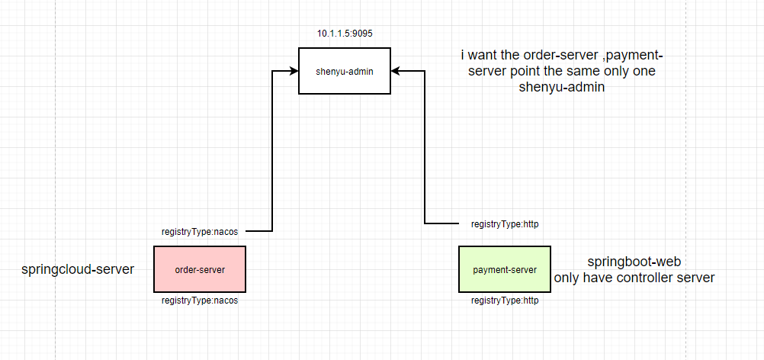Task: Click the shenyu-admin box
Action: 344,71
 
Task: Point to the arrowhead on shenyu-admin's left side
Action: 293,71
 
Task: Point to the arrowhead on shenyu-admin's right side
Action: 396,71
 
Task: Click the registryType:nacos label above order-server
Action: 200,231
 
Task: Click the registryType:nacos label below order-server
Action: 200,301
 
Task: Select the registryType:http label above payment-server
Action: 505,224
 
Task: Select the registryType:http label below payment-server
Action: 505,301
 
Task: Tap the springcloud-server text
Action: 78,269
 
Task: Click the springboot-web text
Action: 634,262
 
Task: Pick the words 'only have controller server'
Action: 634,278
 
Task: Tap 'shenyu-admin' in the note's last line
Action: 565,88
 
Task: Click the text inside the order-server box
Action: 200,269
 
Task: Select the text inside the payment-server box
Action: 504,270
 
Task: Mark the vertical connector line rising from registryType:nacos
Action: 272,153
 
